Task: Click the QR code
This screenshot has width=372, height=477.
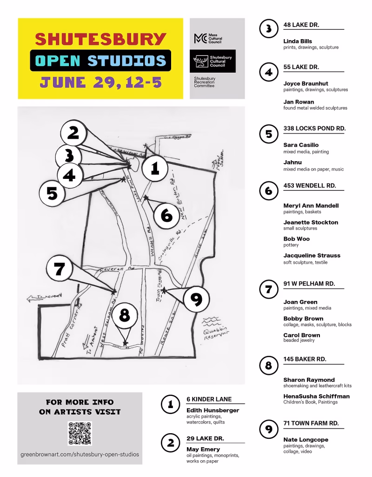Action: coord(80,433)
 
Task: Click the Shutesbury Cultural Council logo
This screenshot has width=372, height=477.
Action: coord(214,61)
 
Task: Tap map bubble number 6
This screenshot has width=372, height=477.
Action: coord(167,215)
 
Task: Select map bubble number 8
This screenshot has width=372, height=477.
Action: coord(124,316)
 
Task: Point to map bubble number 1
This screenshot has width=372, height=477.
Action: coord(155,169)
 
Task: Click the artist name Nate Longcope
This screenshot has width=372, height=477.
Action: coord(306,439)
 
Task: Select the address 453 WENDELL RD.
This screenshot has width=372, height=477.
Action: coord(309,185)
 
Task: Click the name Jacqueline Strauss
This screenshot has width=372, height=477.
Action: coord(312,255)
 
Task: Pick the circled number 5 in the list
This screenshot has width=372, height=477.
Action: coord(268,134)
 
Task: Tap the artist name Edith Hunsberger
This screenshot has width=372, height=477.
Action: coord(213,410)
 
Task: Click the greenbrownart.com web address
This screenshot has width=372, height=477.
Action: coord(80,454)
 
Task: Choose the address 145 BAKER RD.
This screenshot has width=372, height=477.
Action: coord(305,359)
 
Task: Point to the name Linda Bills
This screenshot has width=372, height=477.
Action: coord(298,41)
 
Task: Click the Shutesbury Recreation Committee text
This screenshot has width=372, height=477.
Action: coord(206,82)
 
